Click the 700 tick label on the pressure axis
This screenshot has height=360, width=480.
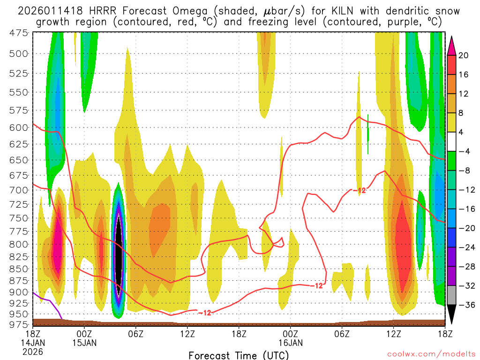[18, 190]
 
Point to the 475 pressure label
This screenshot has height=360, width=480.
[18, 32]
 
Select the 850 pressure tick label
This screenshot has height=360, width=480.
[18, 269]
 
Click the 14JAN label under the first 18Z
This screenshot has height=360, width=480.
[33, 342]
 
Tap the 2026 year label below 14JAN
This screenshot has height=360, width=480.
[33, 351]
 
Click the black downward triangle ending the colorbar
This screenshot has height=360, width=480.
[452, 314]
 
